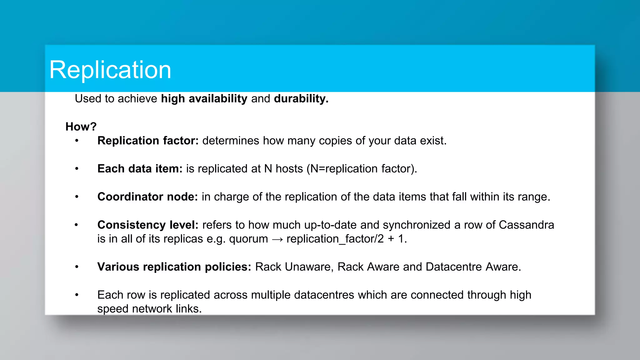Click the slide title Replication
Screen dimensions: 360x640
(110, 70)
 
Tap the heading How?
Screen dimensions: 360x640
(81, 127)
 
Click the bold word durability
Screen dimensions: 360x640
(301, 99)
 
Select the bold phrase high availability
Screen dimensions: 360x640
(204, 99)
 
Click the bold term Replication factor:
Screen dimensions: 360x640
(148, 141)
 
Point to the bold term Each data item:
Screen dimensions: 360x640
(140, 169)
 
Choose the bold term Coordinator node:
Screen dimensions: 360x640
(147, 197)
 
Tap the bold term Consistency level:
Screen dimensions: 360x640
(148, 225)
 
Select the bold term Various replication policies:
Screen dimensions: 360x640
(174, 267)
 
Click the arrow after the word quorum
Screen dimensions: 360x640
(277, 239)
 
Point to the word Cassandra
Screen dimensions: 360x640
(526, 225)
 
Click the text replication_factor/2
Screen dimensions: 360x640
(335, 239)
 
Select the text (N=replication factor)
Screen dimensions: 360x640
(362, 169)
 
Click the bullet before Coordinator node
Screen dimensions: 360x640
(77, 197)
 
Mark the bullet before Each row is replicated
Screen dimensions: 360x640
(77, 295)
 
